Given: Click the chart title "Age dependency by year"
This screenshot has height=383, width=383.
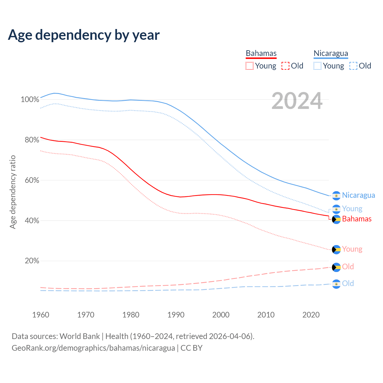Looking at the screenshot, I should click(84, 35).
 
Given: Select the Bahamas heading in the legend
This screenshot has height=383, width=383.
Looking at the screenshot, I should click(261, 53).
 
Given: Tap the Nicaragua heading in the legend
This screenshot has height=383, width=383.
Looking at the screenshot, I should click(331, 53).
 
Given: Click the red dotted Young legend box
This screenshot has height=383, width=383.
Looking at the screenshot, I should click(250, 66).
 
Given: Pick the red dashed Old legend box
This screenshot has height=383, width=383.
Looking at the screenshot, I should click(285, 66).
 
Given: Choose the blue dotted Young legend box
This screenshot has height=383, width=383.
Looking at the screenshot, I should click(317, 66).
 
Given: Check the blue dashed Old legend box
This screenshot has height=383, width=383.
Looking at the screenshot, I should click(353, 66).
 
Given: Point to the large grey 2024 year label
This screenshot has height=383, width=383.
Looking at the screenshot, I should click(297, 101).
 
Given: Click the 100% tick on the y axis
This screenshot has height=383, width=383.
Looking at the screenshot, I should click(30, 99).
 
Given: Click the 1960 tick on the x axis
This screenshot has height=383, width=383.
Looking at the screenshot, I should click(41, 315).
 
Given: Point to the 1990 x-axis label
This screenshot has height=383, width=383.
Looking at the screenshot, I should click(176, 315).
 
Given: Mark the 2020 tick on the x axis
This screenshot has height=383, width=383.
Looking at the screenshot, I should click(311, 315).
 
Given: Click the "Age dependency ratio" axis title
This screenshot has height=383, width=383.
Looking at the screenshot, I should click(13, 192).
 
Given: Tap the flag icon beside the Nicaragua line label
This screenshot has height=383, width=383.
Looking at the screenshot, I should click(336, 196).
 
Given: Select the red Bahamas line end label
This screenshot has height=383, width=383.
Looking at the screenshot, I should click(357, 219).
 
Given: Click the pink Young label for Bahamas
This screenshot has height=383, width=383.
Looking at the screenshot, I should click(352, 249).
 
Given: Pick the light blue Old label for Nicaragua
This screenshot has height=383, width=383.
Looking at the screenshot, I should click(348, 283).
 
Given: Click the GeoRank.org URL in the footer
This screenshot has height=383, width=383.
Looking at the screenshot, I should click(93, 348).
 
